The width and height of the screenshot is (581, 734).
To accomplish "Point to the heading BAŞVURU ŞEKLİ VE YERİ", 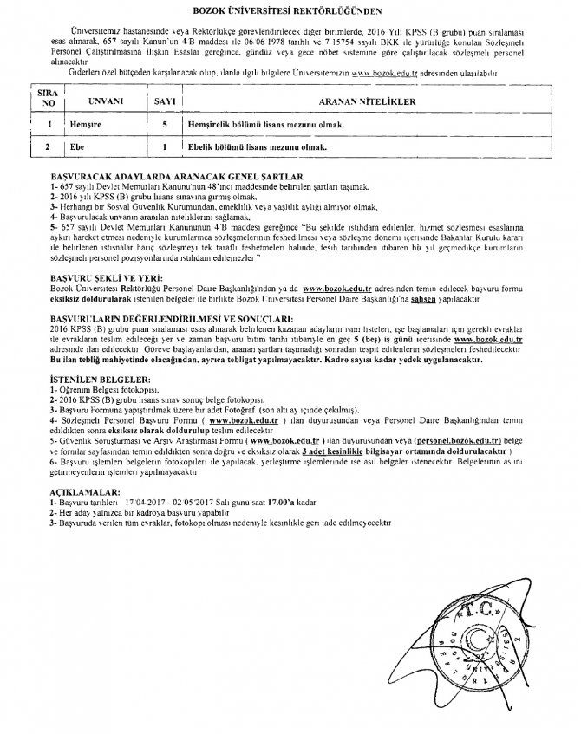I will point(93,273).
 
